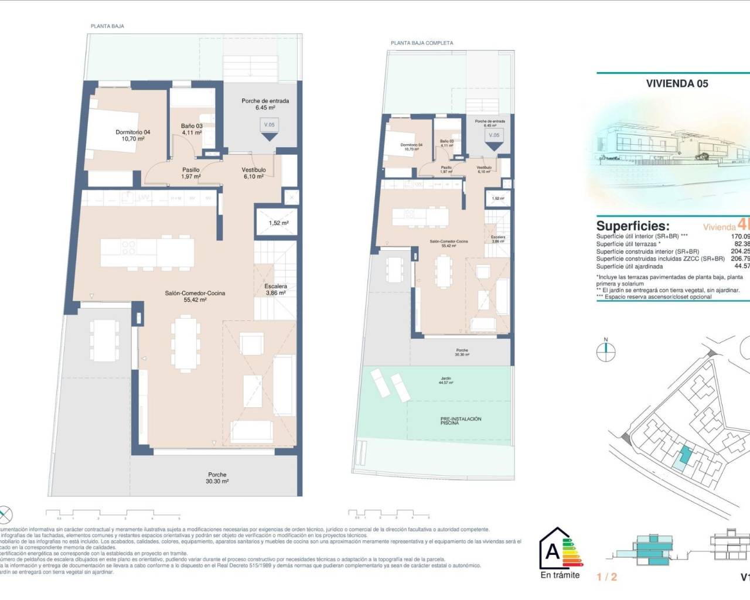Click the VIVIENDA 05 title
click(677, 83)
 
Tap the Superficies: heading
click(632, 226)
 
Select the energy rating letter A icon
click(553, 551)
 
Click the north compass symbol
click(606, 352)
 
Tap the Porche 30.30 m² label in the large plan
click(217, 478)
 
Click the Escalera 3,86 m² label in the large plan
click(275, 289)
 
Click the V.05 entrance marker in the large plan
click(269, 125)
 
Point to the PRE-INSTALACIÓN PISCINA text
click(461, 421)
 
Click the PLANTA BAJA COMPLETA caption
click(422, 43)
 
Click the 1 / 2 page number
click(606, 577)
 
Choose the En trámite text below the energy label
click(560, 575)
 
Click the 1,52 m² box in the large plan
click(278, 223)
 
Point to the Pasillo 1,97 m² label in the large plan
click(191, 173)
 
